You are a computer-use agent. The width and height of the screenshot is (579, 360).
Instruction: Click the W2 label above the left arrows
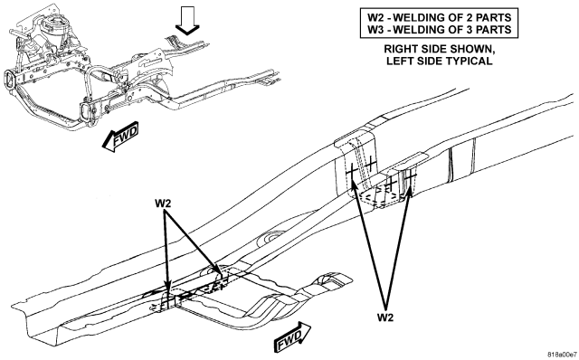click(x=163, y=204)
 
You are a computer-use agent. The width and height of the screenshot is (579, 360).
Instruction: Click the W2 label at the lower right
click(x=385, y=317)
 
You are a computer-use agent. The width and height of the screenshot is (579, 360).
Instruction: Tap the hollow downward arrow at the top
click(x=187, y=21)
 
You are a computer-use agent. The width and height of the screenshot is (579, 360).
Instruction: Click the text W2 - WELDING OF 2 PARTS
click(x=440, y=17)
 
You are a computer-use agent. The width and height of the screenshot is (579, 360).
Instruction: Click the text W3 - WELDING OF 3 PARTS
click(x=440, y=30)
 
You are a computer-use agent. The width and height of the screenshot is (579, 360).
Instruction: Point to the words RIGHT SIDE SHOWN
click(x=439, y=49)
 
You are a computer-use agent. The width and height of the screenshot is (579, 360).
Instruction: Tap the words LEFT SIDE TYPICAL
click(x=439, y=61)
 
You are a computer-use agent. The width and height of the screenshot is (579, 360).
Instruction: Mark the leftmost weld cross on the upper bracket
click(x=352, y=173)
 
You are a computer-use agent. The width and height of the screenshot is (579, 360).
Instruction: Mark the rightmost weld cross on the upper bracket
click(x=409, y=176)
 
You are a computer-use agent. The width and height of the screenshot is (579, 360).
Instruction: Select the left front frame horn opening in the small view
click(x=10, y=80)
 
